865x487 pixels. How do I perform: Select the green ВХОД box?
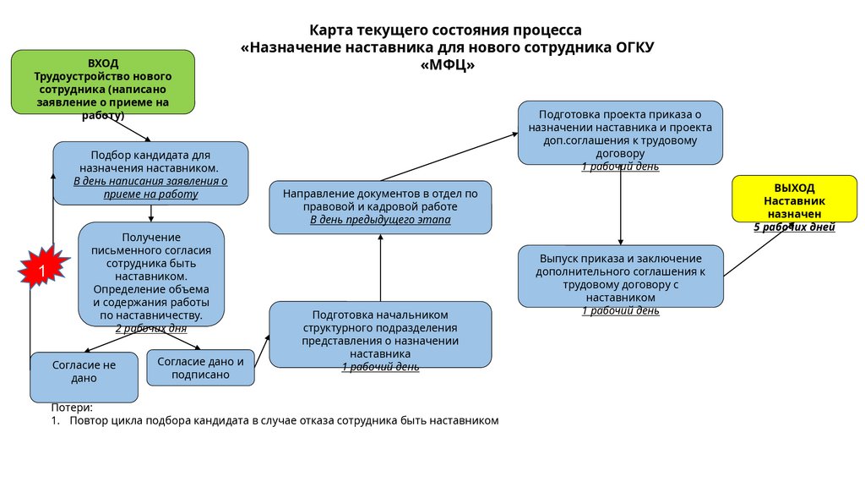[x=102, y=82]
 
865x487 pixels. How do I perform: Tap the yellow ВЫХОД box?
[x=793, y=200]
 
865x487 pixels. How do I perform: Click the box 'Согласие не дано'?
[x=84, y=376]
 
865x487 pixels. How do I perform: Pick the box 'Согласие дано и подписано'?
[x=200, y=368]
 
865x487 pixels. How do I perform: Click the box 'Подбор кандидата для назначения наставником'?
[x=150, y=172]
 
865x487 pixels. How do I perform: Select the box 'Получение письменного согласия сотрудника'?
[x=151, y=273]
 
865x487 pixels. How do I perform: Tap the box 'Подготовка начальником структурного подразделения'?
[x=380, y=334]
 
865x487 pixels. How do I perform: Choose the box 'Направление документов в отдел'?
[x=380, y=206]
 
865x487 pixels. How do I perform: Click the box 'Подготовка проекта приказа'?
[x=620, y=133]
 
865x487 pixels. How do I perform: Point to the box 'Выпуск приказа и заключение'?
[x=620, y=276]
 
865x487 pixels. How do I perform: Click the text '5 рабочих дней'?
[x=794, y=227]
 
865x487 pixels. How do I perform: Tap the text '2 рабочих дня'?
[x=151, y=328]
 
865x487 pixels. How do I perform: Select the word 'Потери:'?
[x=72, y=408]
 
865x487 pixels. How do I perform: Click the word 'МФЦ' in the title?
[x=447, y=66]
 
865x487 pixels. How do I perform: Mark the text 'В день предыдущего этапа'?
[x=380, y=220]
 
